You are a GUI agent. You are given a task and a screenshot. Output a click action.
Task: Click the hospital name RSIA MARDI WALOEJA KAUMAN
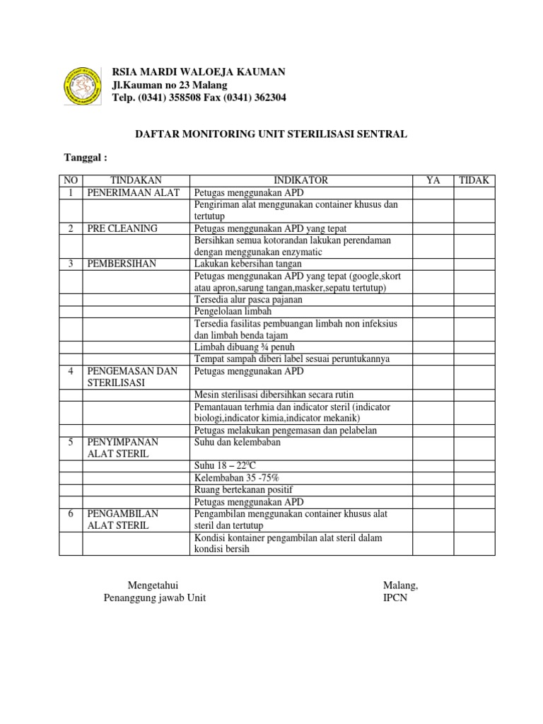tap(199, 72)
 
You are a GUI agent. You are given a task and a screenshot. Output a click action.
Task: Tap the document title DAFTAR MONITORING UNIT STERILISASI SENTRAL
tap(271, 134)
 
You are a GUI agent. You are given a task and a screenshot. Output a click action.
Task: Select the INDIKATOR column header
tap(301, 180)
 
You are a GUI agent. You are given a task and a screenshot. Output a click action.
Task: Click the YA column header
tap(433, 180)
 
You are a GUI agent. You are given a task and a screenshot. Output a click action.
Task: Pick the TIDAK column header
tap(475, 180)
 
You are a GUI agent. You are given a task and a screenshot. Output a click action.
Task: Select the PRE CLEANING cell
tap(122, 228)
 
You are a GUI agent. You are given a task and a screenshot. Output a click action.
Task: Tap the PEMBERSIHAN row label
tap(121, 264)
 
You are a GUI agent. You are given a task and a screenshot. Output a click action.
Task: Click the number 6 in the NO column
tap(71, 513)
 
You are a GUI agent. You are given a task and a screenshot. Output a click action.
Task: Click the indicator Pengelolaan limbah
tap(232, 311)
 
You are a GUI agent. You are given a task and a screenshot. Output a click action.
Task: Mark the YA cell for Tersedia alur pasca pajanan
tap(433, 299)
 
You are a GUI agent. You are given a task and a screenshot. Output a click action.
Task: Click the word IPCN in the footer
tap(395, 598)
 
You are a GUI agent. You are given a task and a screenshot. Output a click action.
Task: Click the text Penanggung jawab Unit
tap(155, 598)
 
